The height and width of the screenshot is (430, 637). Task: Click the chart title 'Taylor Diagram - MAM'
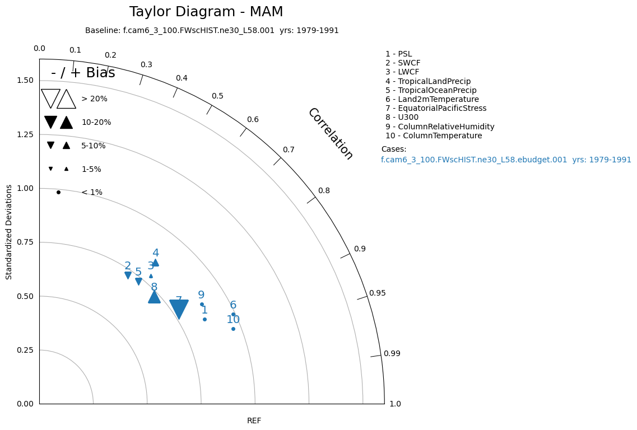206,12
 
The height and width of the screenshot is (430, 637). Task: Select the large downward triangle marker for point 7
179,308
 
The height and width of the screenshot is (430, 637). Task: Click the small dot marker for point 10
233,329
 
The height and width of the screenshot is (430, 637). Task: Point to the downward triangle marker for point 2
128,275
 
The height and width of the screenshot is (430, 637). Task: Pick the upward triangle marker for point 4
155,263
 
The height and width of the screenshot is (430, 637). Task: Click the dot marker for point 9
202,305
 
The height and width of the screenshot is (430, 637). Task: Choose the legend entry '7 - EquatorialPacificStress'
436,109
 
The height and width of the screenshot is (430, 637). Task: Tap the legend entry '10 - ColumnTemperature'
434,135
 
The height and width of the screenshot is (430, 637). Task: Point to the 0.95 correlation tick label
377,293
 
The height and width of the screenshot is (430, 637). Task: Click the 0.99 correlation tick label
392,354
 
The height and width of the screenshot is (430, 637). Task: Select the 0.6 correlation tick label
253,120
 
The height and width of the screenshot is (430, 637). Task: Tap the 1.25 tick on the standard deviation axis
24,134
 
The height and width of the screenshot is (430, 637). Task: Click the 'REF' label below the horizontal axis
254,421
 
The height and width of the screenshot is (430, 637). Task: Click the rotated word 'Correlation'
331,134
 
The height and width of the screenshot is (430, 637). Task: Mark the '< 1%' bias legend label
92,193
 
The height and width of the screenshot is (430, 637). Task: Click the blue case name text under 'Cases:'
506,160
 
